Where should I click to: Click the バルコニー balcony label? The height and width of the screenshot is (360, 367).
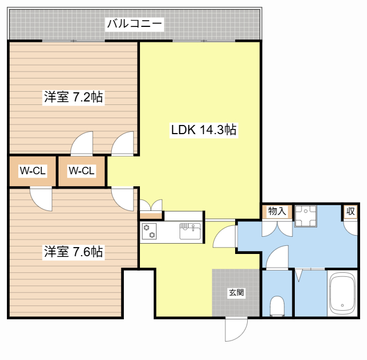point(134,24)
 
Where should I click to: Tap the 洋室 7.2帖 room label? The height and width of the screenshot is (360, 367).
point(73,97)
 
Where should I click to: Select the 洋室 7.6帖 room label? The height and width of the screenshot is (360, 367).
point(73,252)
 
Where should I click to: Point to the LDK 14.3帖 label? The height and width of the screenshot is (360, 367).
point(204,130)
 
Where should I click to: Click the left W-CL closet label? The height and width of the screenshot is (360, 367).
point(33,171)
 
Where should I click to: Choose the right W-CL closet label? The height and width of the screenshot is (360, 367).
point(81,171)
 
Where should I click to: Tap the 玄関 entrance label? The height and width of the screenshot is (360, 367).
point(236,292)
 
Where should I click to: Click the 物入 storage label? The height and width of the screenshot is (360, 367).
point(277,211)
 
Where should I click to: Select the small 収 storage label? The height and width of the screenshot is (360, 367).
point(350,212)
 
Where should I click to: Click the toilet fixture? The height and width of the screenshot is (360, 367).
point(277,306)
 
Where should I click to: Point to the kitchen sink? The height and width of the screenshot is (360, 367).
point(190,231)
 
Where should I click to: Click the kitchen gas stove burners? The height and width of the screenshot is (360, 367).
point(149,231)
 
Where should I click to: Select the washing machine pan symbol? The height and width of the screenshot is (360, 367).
point(306,216)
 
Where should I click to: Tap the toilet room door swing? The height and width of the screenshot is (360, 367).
point(278,257)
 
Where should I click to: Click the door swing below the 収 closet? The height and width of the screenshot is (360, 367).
point(350,228)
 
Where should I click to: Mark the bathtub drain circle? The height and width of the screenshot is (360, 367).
point(342,306)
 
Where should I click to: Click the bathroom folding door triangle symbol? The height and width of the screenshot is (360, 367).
point(298,275)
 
